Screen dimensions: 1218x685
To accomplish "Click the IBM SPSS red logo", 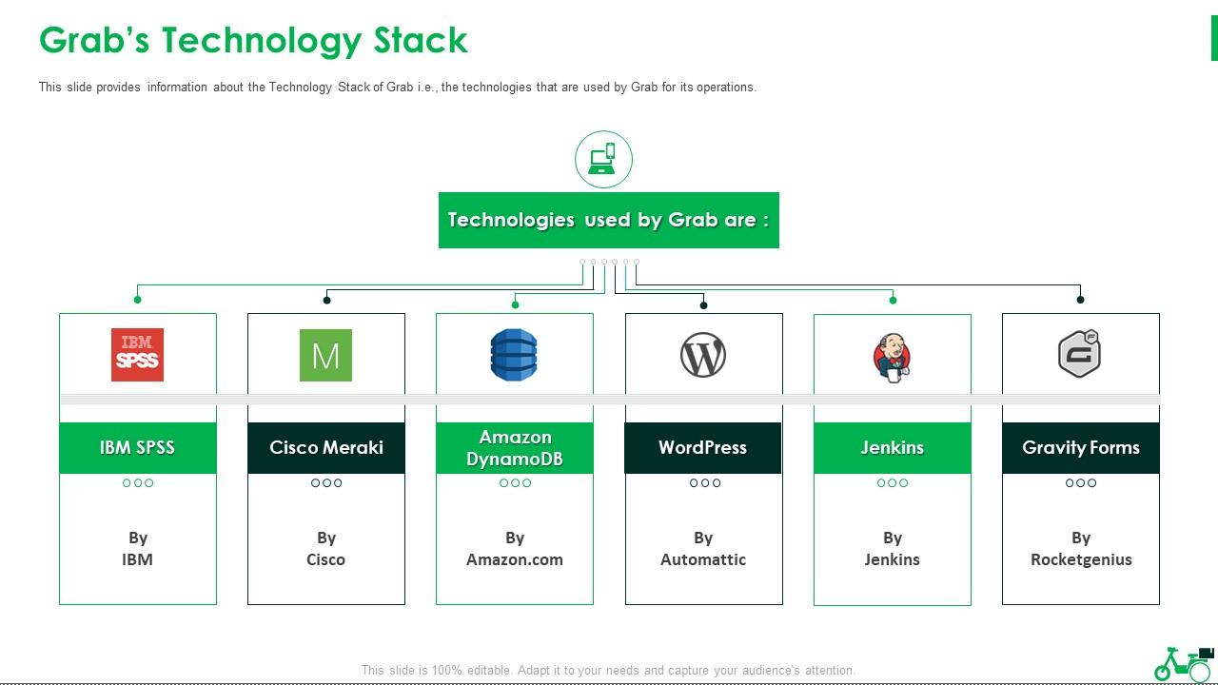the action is click(137, 355).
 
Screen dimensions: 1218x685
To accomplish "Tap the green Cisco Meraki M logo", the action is click(325, 355).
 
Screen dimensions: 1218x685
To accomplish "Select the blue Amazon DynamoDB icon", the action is click(514, 355).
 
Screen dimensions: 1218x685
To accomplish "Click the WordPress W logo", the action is click(703, 355).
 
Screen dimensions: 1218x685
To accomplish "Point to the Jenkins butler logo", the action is click(892, 358).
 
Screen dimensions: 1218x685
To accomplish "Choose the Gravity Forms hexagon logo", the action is click(1080, 353).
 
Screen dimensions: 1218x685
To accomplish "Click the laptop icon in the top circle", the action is click(603, 159).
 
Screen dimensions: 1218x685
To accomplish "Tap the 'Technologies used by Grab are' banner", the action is click(608, 220).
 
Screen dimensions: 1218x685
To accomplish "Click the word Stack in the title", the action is click(421, 40).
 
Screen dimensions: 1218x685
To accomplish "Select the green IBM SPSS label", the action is click(138, 447).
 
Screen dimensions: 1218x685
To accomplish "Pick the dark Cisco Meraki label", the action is click(326, 447).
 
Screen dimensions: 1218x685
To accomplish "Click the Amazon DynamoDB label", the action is click(515, 447).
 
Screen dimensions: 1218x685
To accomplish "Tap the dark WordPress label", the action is click(702, 447).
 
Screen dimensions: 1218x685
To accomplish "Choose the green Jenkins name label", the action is click(893, 447).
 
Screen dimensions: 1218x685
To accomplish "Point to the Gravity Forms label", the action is click(1081, 447).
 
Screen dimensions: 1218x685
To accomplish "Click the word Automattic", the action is click(703, 559).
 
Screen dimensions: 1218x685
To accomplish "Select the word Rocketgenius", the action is click(1081, 559).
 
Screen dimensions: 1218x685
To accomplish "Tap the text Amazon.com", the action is click(515, 559).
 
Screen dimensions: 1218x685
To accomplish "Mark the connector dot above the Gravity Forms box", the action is click(1080, 300).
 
